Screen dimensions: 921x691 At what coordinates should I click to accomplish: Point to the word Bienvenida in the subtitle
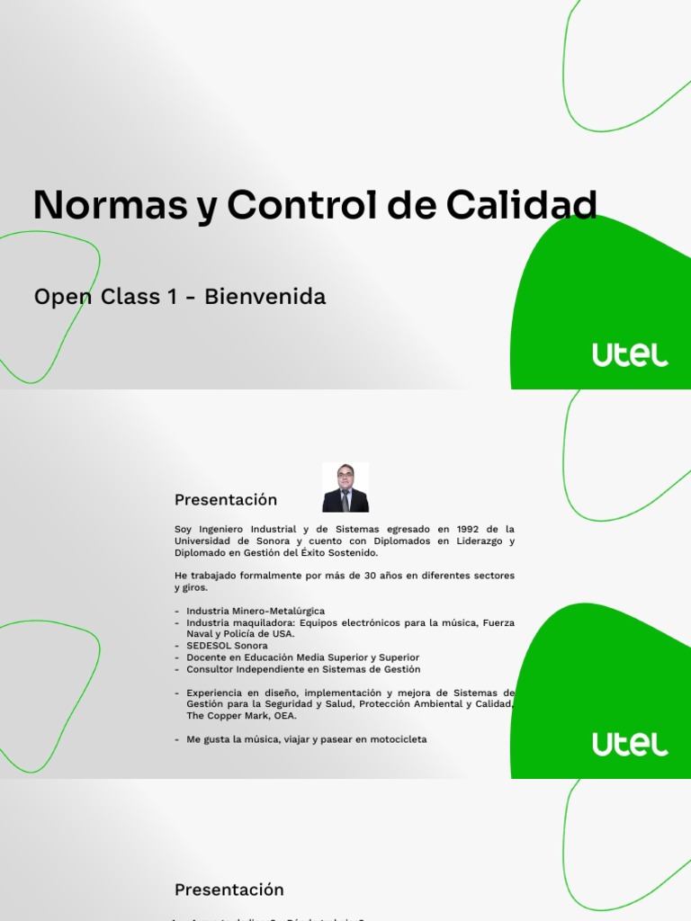265,297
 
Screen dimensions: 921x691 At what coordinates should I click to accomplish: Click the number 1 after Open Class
171,297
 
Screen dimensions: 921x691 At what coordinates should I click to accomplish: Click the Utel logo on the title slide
630,355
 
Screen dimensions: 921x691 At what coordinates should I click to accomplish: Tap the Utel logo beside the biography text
630,744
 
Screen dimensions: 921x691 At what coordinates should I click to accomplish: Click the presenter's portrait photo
345,487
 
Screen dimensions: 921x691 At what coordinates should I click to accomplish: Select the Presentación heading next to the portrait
226,500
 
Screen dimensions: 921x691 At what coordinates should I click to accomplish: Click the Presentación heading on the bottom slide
229,890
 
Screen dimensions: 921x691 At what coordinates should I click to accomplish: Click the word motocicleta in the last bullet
395,739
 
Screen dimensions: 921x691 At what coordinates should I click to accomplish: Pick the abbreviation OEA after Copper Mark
285,716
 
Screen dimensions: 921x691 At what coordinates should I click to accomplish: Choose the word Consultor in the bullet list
211,669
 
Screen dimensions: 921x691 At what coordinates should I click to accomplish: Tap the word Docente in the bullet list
206,657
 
